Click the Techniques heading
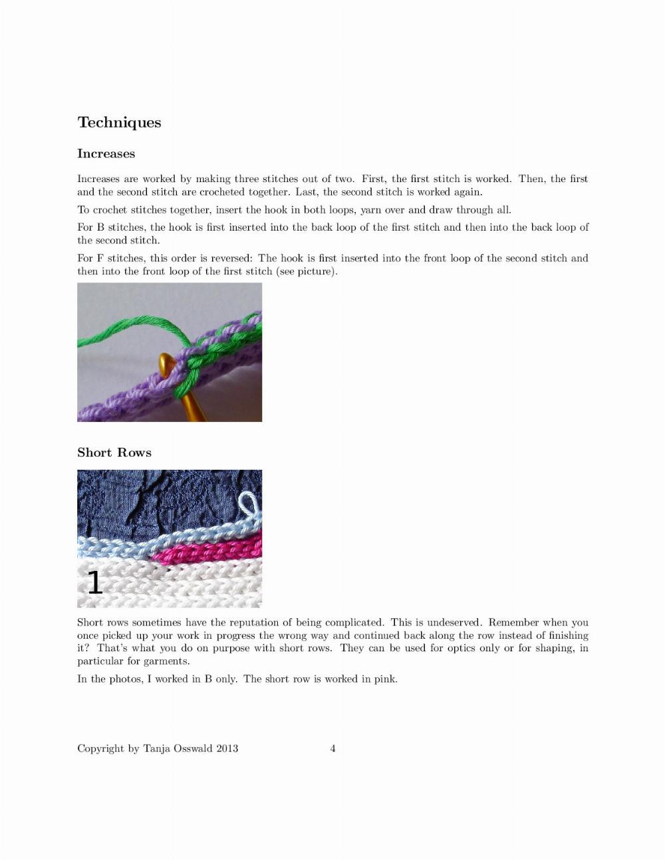pos(119,122)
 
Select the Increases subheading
pos(106,154)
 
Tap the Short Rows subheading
pos(114,453)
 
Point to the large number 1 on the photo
pos(95,582)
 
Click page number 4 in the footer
pos(332,748)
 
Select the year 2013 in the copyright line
pos(227,748)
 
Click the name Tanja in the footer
pos(157,748)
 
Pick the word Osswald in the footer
pos(193,748)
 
